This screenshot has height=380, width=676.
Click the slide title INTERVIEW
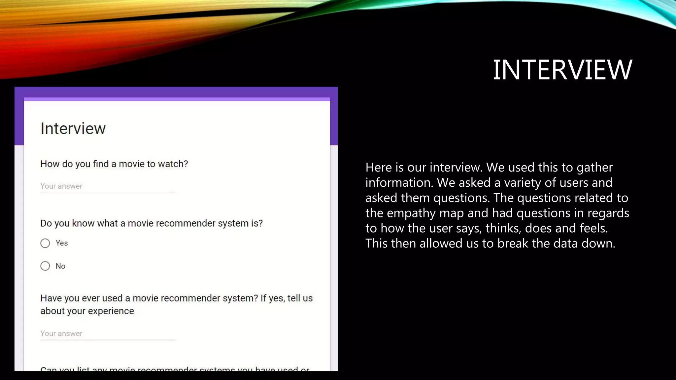pyautogui.click(x=562, y=70)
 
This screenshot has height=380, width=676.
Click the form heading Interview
pyautogui.click(x=73, y=129)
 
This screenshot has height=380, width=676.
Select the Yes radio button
pyautogui.click(x=45, y=243)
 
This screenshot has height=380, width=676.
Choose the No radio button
pyautogui.click(x=45, y=266)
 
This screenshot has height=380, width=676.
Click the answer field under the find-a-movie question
pyautogui.click(x=107, y=186)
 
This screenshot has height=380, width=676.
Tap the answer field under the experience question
pyautogui.click(x=107, y=334)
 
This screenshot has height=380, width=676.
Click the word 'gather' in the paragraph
pyautogui.click(x=594, y=168)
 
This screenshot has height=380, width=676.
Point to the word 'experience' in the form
pyautogui.click(x=111, y=311)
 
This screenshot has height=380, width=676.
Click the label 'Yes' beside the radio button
pyautogui.click(x=62, y=243)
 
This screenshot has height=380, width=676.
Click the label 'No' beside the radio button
pyautogui.click(x=60, y=266)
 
